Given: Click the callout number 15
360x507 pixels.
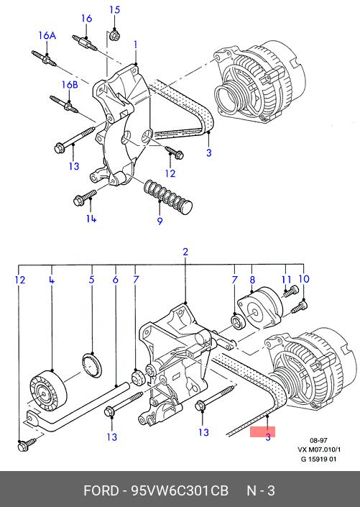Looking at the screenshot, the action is click(x=114, y=9).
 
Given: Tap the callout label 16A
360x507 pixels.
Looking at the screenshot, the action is click(x=47, y=35).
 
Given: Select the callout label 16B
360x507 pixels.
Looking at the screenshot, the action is click(x=70, y=85).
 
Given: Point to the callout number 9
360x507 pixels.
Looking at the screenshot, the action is click(x=160, y=221).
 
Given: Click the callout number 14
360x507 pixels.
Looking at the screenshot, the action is click(x=91, y=219).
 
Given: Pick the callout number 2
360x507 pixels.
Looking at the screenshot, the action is click(x=185, y=252).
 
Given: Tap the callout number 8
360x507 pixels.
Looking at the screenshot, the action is click(x=252, y=280).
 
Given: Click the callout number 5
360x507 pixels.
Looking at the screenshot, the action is click(x=91, y=279).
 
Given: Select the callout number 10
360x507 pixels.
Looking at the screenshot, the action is click(x=304, y=279).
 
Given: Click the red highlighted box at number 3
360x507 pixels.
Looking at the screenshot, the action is click(x=262, y=431).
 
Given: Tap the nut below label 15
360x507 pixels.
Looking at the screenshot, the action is click(x=114, y=35).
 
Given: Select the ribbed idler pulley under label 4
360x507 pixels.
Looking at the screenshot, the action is click(x=48, y=388).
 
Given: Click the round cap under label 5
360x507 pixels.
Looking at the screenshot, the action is click(x=92, y=365).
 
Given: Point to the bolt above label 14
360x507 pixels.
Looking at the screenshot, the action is click(x=85, y=198).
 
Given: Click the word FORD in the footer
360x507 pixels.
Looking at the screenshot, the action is click(x=101, y=490).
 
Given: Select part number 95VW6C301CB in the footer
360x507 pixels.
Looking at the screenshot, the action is click(x=180, y=490).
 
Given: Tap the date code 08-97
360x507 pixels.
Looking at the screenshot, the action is click(x=318, y=440).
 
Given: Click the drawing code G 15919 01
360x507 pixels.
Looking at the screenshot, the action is click(x=318, y=459).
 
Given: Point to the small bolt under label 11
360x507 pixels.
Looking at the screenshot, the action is click(x=290, y=291).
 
